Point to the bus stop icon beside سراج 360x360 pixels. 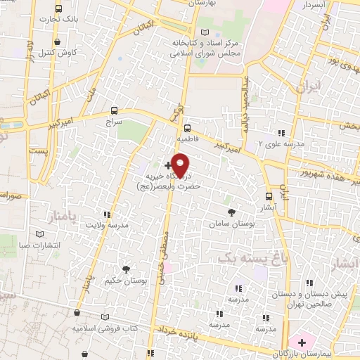pyautogui.click(x=114, y=110)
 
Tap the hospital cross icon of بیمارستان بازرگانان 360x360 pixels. pyautogui.click(x=302, y=342)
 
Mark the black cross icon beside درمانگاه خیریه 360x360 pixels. pyautogui.click(x=167, y=164)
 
